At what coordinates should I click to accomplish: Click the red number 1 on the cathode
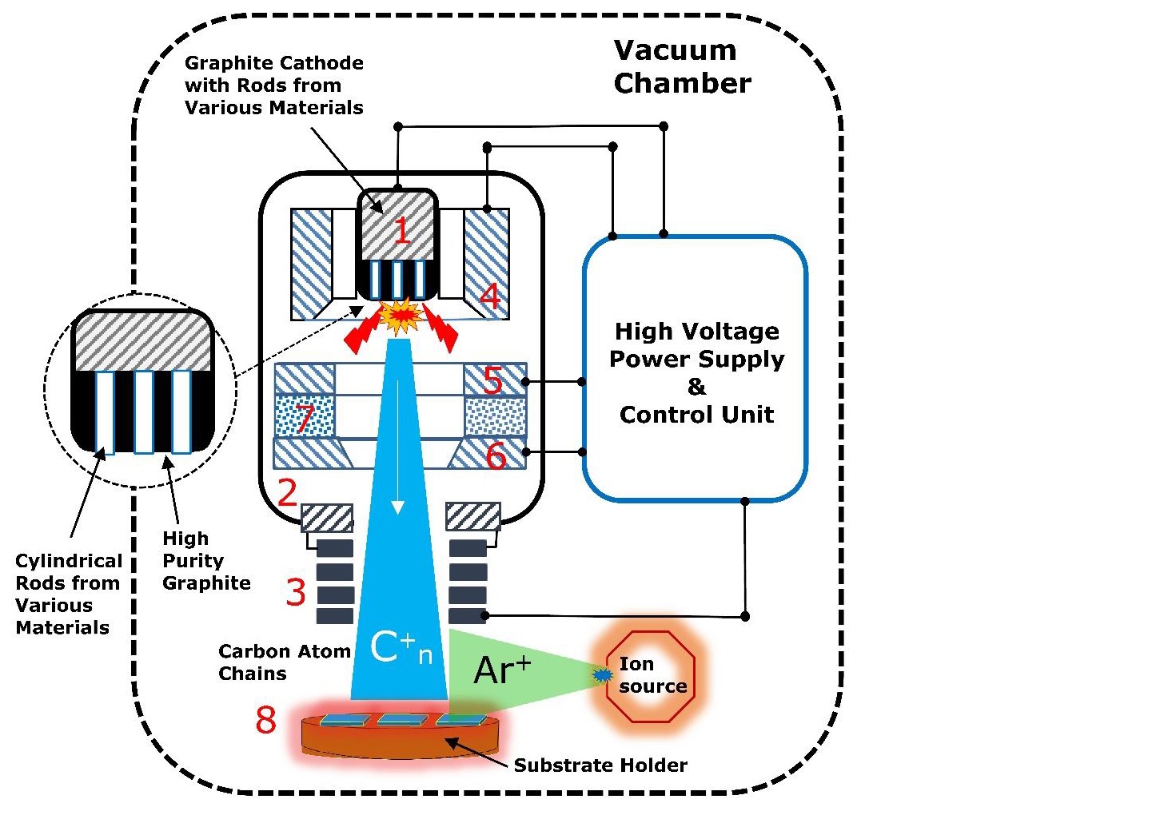pos(402,231)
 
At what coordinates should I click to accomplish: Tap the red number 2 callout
pos(288,493)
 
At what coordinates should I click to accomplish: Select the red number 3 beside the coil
pos(296,592)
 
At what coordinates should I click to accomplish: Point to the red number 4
pos(490,296)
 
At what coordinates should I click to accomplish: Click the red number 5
pos(493,381)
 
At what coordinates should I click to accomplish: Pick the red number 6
pos(496,455)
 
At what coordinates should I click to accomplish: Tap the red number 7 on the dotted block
pos(304,418)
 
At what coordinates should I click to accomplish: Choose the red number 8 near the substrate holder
pos(266,720)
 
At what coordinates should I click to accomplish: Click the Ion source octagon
pos(650,676)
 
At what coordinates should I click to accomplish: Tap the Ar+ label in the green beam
pos(501,670)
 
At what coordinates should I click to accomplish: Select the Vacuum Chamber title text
pos(681,67)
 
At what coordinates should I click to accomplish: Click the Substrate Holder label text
pos(600,765)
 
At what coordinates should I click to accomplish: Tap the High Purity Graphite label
pos(205,561)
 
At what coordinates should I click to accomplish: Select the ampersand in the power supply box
pos(696,387)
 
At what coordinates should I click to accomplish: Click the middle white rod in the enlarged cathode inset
pos(144,411)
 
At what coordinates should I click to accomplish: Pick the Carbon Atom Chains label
pos(284,662)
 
